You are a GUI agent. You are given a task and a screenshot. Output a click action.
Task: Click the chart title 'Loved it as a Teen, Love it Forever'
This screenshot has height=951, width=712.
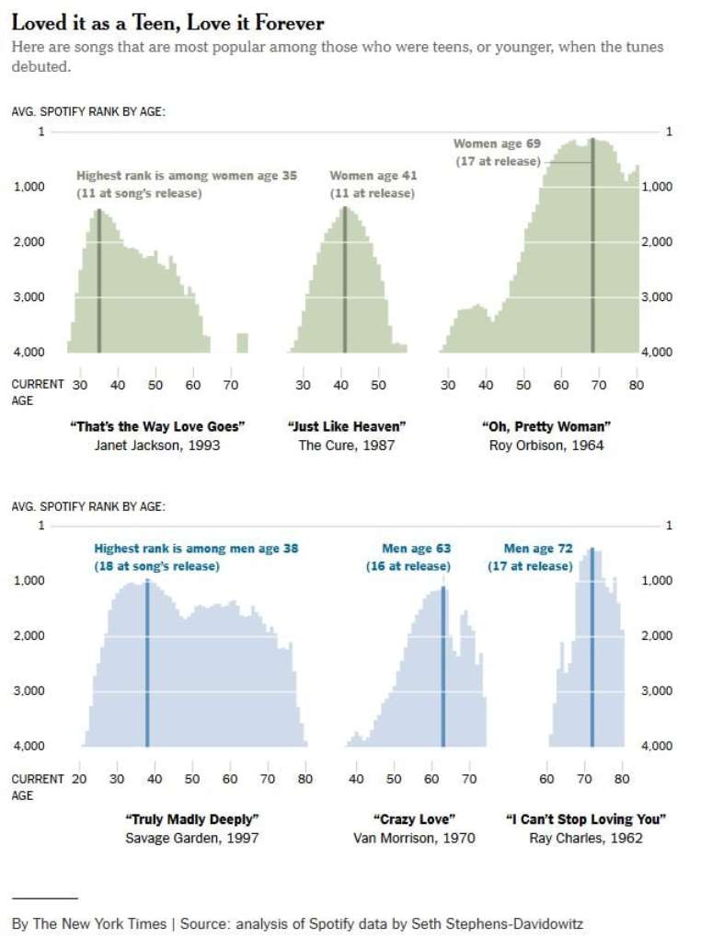(167, 23)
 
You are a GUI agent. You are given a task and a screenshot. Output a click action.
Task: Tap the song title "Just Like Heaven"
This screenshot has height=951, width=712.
(347, 426)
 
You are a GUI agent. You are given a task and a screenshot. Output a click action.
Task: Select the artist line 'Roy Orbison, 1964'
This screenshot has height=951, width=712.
(546, 446)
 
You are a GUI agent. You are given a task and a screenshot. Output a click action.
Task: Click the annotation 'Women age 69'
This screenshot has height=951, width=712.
(497, 144)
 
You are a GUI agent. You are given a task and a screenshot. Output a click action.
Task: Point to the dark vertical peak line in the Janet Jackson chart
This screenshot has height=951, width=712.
(98, 285)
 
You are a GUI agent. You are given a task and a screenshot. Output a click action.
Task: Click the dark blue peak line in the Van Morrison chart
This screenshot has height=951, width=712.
(442, 672)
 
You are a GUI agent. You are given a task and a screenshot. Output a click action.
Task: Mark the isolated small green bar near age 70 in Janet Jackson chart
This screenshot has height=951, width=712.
(242, 342)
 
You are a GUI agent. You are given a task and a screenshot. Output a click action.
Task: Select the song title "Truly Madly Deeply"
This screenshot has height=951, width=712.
(191, 818)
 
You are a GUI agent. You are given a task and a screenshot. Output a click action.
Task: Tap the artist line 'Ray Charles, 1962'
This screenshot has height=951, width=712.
(586, 838)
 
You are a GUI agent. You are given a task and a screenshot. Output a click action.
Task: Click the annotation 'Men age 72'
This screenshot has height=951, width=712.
(538, 549)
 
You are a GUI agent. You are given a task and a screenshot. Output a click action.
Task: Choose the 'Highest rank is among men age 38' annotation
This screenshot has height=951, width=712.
(196, 549)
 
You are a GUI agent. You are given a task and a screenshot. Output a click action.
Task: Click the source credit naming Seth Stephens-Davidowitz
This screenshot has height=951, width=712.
(297, 923)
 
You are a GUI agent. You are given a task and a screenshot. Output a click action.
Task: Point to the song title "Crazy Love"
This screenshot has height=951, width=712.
(414, 818)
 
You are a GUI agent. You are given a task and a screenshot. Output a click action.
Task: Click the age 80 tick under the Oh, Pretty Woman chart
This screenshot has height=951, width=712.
(636, 385)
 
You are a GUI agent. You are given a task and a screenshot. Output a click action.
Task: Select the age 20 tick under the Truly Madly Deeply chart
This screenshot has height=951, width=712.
(79, 779)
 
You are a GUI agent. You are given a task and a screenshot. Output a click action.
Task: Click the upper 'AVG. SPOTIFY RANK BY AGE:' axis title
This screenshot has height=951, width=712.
(88, 112)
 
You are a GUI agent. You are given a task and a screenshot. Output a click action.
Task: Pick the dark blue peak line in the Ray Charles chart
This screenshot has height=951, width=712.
(591, 654)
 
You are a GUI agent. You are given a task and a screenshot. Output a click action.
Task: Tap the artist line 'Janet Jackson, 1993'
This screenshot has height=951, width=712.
(157, 446)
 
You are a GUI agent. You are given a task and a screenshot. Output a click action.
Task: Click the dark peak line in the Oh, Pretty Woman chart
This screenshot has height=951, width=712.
(592, 249)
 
